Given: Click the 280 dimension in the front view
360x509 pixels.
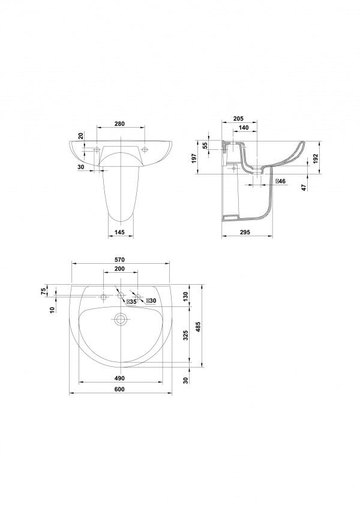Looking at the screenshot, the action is (119, 124).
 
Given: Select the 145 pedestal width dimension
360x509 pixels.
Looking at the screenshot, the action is (121, 232).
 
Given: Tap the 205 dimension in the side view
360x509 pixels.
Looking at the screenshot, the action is (238, 119).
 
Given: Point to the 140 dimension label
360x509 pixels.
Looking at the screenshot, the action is (244, 128).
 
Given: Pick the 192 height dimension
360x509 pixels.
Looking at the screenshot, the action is (315, 158).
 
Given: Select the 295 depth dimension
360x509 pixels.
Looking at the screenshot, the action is (245, 232).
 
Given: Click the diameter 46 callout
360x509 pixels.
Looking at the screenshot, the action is (280, 181).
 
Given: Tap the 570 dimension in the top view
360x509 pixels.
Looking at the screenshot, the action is (120, 260).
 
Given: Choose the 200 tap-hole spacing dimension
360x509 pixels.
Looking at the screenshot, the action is (119, 269).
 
